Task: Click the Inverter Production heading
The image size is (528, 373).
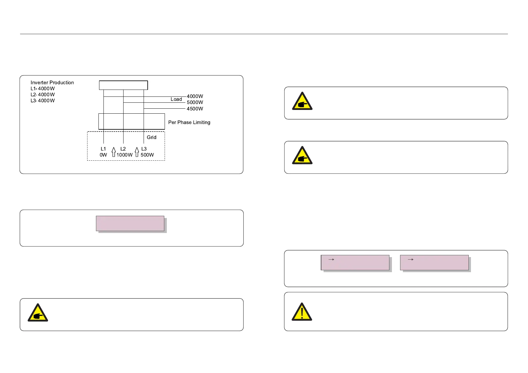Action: coord(52,83)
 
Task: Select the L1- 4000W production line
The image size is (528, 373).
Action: coord(43,89)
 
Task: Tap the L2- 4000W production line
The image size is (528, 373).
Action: coord(43,95)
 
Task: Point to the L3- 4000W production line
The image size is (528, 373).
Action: coord(43,101)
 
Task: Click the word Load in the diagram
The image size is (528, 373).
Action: coord(176,99)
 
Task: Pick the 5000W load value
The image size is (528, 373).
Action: coord(195,102)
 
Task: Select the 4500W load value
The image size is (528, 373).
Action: coord(195,109)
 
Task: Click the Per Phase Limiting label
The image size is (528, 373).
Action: coord(189,122)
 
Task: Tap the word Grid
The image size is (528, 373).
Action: coord(151,137)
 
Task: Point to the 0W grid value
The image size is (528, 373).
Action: coord(103,155)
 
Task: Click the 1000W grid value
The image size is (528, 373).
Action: coord(124,155)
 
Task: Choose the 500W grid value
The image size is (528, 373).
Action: coord(147,155)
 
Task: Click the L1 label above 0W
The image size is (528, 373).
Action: coord(103,149)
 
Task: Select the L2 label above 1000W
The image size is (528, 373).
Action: coord(123,149)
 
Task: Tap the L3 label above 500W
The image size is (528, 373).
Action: coord(144,149)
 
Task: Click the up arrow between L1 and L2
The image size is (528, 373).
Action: coord(114,152)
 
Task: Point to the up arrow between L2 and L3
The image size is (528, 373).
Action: coord(137,152)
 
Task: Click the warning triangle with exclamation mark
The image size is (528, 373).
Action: coord(302,312)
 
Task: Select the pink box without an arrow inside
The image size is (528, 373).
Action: coord(130,223)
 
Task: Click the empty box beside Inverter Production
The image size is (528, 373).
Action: coord(123,85)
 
